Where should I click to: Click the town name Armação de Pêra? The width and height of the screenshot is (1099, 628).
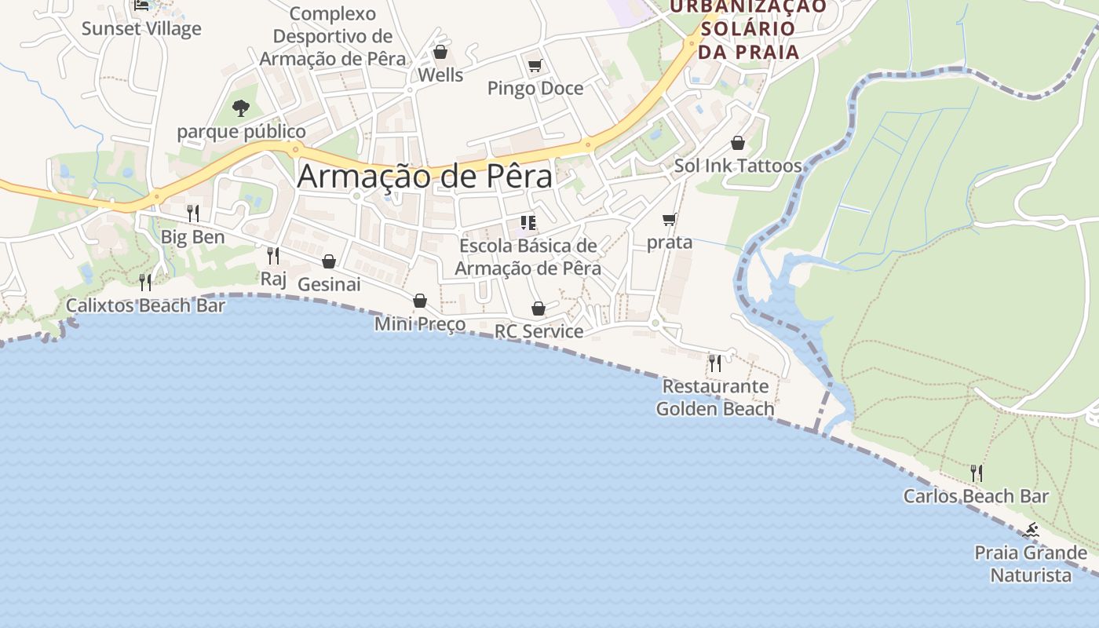(x=425, y=176)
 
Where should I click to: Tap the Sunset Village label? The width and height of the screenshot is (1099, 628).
(x=141, y=29)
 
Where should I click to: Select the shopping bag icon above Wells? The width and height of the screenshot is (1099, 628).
(x=440, y=53)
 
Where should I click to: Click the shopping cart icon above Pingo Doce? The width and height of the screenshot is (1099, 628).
(x=535, y=66)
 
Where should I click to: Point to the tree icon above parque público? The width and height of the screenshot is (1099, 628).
(x=241, y=108)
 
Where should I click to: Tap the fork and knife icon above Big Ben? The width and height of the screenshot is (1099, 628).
(x=193, y=213)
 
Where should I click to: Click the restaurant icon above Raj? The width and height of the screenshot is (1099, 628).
(x=273, y=255)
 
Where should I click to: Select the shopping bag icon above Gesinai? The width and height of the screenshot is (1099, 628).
(x=329, y=261)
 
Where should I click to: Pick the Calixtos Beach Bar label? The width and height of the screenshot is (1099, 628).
(x=145, y=305)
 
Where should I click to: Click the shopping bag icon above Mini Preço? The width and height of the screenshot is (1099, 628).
(x=420, y=301)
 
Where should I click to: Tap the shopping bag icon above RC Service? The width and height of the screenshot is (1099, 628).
(x=539, y=309)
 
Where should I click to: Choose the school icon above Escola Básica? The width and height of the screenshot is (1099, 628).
(x=528, y=223)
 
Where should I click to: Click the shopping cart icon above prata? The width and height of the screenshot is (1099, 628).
(x=669, y=220)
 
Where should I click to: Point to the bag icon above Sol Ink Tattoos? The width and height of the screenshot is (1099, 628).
(x=738, y=143)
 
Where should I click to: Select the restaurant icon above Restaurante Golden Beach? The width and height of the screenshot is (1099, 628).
(x=715, y=363)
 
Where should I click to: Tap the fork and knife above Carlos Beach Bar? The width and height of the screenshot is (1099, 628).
(x=976, y=473)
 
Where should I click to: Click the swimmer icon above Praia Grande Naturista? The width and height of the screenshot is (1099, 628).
(x=1031, y=530)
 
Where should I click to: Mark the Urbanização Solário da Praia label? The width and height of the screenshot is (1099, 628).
(x=748, y=30)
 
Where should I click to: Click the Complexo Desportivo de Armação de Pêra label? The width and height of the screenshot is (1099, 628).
(x=333, y=36)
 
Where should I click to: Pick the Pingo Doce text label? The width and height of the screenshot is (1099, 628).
(x=535, y=88)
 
